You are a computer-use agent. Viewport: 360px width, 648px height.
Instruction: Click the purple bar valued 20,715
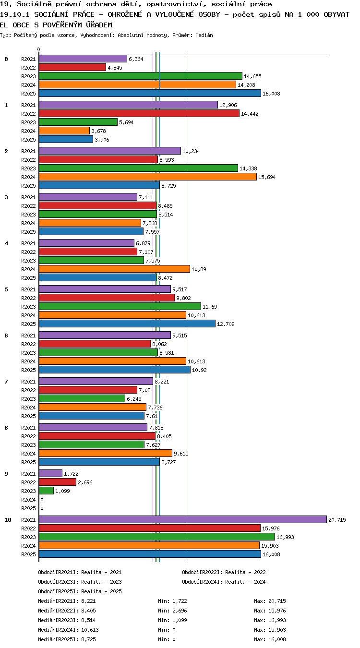click(182, 519)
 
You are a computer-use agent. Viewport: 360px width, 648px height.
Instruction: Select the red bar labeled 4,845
click(72, 67)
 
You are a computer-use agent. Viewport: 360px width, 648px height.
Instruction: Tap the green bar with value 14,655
click(140, 76)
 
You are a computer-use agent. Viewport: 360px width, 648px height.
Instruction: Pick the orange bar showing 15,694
click(147, 177)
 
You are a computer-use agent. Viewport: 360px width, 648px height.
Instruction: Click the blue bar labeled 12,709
click(127, 324)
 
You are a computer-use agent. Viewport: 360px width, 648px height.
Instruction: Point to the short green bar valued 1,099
click(46, 491)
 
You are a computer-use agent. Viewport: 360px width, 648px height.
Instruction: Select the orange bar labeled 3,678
click(64, 131)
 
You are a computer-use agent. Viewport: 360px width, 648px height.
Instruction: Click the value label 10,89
click(199, 269)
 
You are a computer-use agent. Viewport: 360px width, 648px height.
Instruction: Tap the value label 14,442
click(250, 114)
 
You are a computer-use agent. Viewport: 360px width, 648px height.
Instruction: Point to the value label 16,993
click(285, 537)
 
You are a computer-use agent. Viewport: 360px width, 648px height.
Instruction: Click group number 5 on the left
click(6, 289)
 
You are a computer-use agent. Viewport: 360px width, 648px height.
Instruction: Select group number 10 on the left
click(8, 520)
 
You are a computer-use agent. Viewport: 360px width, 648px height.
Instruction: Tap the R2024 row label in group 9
click(28, 500)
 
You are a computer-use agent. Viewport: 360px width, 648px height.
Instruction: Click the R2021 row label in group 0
click(28, 59)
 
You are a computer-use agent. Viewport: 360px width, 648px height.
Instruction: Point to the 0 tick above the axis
click(39, 49)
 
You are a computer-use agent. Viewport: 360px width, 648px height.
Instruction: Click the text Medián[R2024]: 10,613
click(68, 630)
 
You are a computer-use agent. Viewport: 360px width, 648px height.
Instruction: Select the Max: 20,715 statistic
click(270, 601)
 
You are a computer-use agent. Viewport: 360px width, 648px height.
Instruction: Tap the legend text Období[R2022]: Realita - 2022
click(224, 572)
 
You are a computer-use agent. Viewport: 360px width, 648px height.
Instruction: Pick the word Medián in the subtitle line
click(204, 35)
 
